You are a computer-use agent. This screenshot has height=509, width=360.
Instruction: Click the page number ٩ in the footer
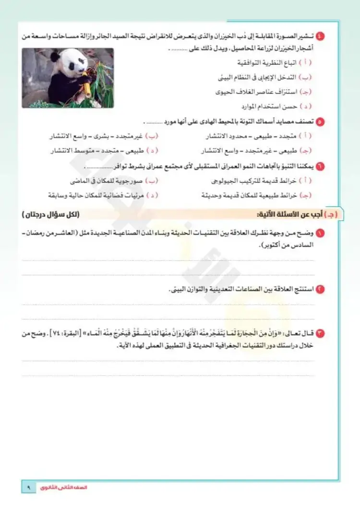click(28, 487)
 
